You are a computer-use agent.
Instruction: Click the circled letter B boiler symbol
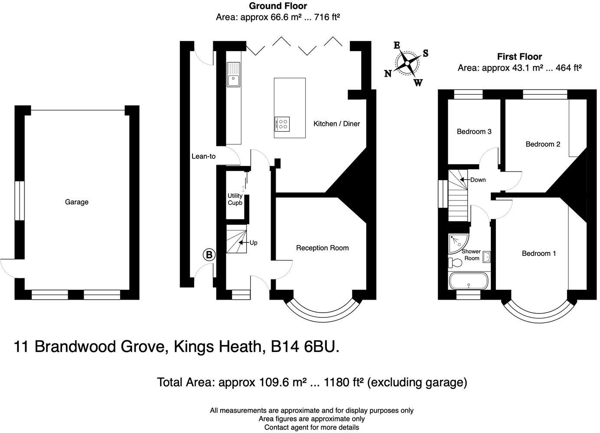[209, 255]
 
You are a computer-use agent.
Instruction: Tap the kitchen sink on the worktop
[234, 74]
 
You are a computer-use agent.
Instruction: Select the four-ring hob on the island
[282, 124]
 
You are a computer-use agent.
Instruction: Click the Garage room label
[77, 202]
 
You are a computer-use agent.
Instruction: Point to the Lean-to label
[203, 156]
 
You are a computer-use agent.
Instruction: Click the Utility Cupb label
[235, 199]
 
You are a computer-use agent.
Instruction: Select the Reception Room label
[322, 248]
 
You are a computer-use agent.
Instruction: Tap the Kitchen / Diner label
[336, 124]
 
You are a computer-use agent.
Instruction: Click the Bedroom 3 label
[474, 132]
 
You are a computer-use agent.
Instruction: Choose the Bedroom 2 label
[543, 144]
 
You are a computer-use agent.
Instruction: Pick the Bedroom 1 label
[538, 253]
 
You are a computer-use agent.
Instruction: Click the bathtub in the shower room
[469, 281]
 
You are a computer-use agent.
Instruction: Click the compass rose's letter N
[388, 74]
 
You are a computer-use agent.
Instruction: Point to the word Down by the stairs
[478, 180]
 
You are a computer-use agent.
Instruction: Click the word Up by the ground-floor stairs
[253, 243]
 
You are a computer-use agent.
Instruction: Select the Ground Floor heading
[277, 6]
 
